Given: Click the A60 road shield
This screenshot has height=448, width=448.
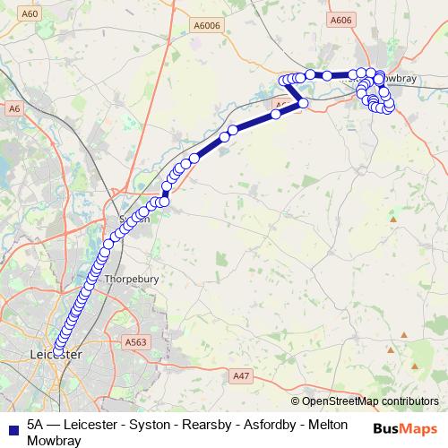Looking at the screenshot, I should pos(31,14).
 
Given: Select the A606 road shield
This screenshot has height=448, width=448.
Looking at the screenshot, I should pos(340,20).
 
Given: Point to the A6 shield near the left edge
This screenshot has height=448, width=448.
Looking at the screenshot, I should pos(13,108).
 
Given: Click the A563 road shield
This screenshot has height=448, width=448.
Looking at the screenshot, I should pos(135,341).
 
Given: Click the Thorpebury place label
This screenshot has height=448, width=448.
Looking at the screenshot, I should pos(132,279).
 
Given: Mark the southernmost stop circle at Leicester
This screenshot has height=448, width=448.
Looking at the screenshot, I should pos(59,350).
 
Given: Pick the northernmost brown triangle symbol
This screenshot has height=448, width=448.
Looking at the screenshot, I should pos(392,219).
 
